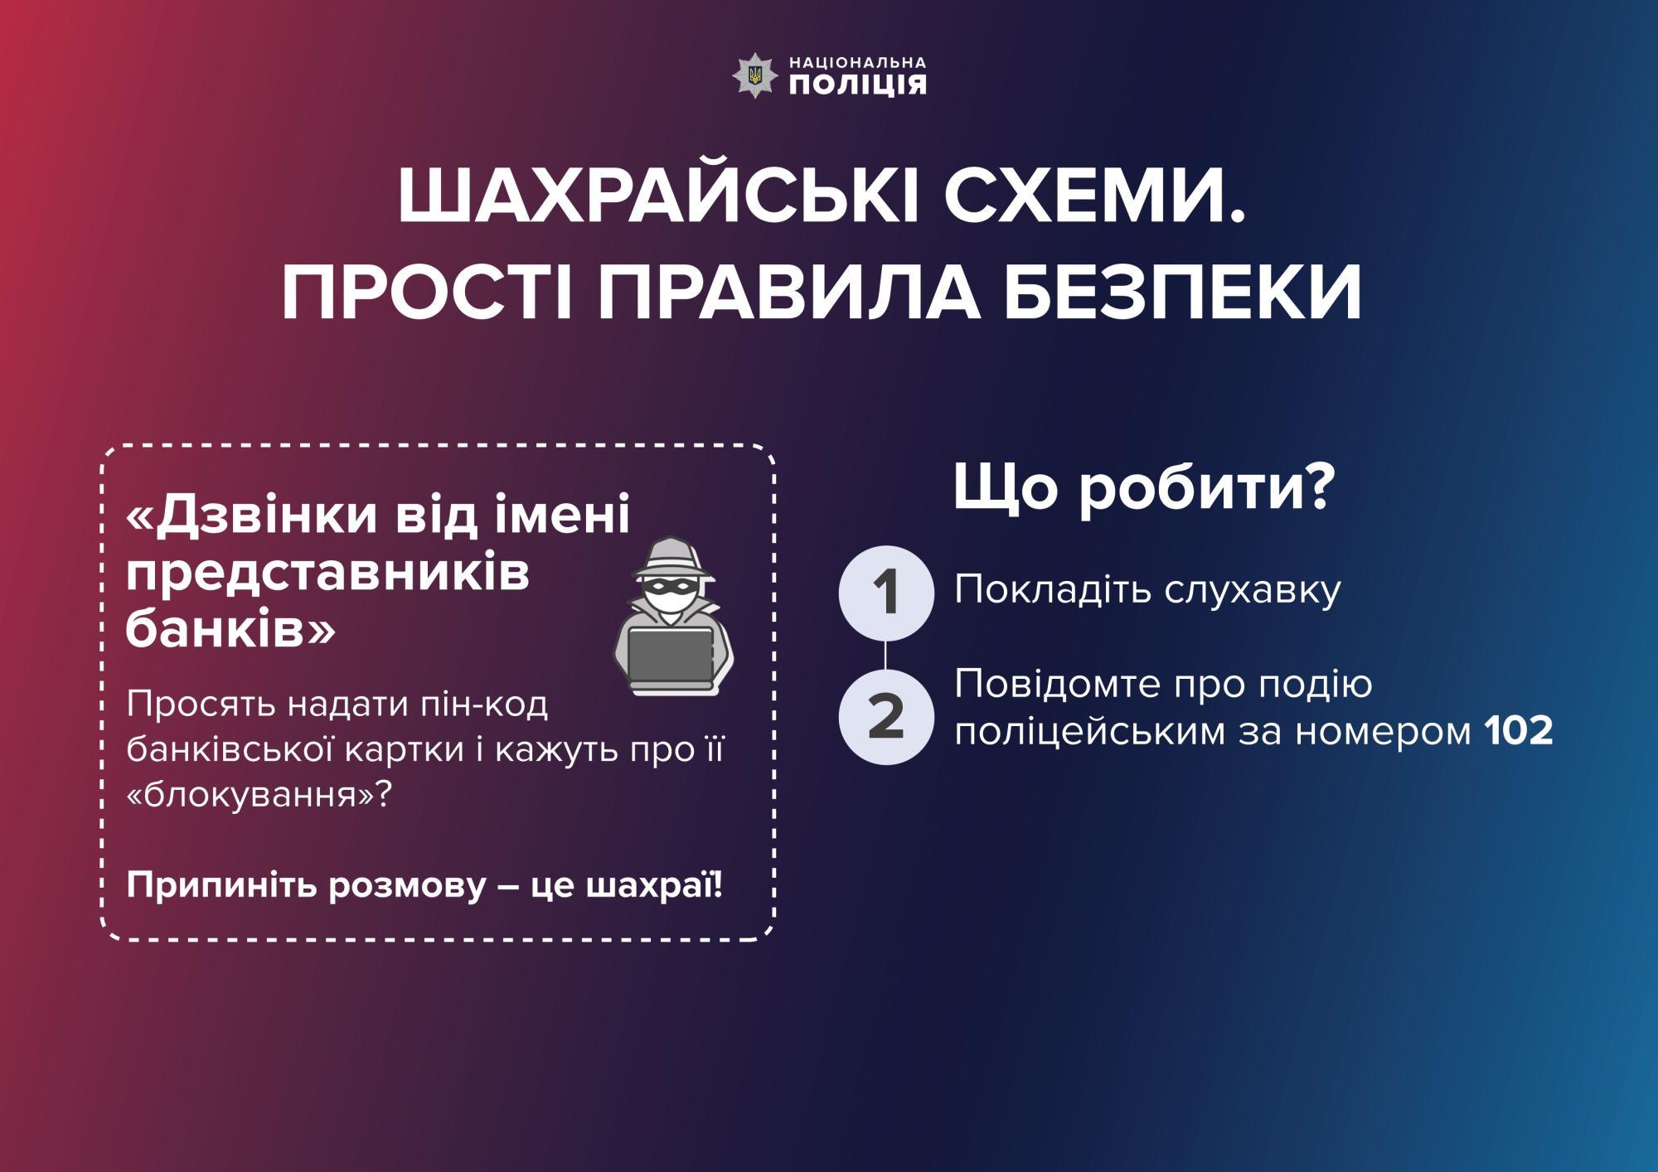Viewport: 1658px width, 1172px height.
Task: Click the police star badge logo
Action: [x=754, y=75]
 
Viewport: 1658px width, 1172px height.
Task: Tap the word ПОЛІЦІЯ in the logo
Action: [x=857, y=85]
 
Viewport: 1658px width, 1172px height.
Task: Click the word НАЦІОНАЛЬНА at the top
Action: [x=857, y=62]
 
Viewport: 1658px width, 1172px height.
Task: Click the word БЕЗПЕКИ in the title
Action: [x=1183, y=292]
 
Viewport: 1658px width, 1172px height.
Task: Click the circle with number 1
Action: [x=886, y=593]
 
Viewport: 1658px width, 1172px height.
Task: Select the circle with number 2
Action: [x=886, y=717]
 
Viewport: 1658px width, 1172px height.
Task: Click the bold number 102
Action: [x=1519, y=731]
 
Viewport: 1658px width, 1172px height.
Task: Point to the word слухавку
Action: [x=1253, y=590]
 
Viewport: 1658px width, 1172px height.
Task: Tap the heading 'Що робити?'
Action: [x=1144, y=487]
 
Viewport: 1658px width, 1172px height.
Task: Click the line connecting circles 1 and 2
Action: [x=886, y=655]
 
